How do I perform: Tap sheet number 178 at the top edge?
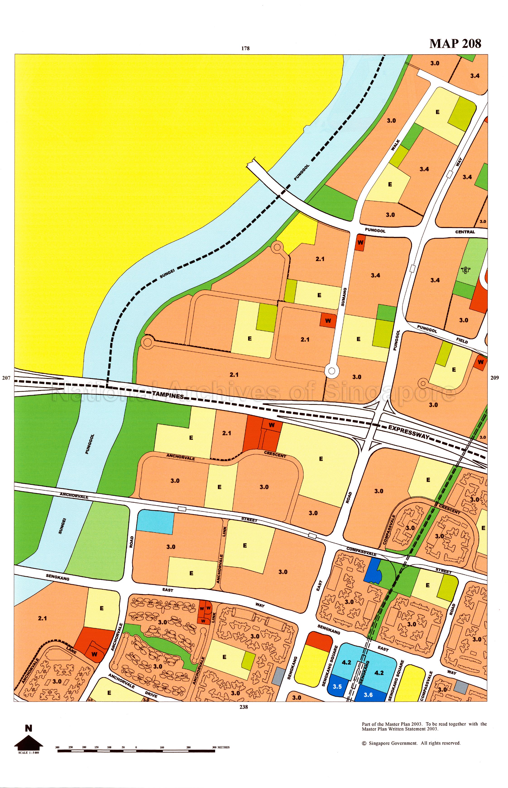click(x=245, y=48)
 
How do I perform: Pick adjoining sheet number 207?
click(x=6, y=378)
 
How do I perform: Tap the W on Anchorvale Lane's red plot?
click(x=94, y=654)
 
